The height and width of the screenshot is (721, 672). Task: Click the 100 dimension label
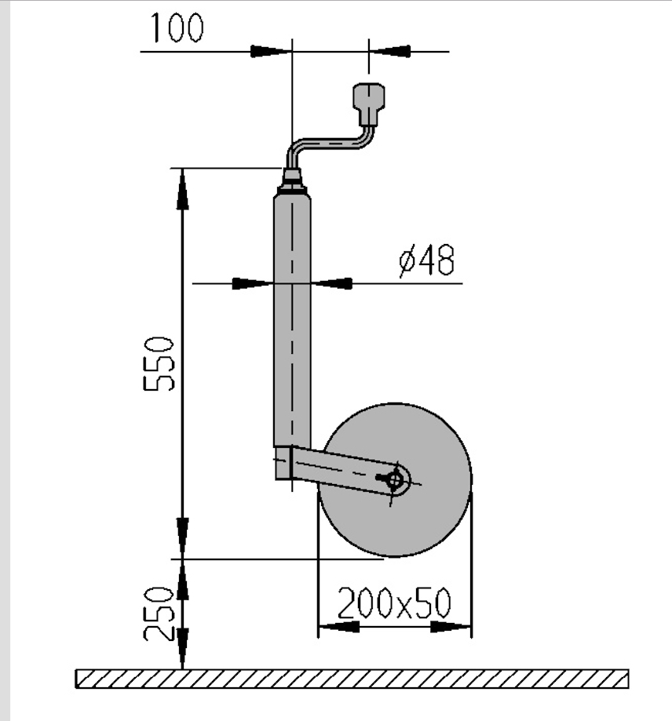click(177, 27)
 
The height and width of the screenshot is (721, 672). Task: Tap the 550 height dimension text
click(159, 364)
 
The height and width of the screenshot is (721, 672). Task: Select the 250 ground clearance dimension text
click(159, 614)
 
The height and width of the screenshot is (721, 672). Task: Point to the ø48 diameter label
click(427, 260)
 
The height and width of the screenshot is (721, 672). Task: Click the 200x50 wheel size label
click(394, 603)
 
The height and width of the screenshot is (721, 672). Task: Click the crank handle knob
click(368, 104)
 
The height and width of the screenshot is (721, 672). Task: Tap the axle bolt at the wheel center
click(394, 480)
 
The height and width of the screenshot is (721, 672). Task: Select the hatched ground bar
click(352, 679)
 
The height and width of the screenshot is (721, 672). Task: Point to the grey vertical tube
click(292, 321)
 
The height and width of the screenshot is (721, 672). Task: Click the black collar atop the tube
click(292, 181)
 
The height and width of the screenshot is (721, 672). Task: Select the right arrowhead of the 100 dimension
click(389, 51)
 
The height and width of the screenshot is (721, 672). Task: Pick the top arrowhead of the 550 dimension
click(183, 189)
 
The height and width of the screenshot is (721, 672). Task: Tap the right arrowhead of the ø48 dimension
click(331, 283)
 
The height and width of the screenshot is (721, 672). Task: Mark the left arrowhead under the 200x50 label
click(338, 626)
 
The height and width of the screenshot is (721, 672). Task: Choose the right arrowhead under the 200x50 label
click(451, 626)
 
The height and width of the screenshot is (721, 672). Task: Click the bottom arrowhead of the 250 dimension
click(183, 649)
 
